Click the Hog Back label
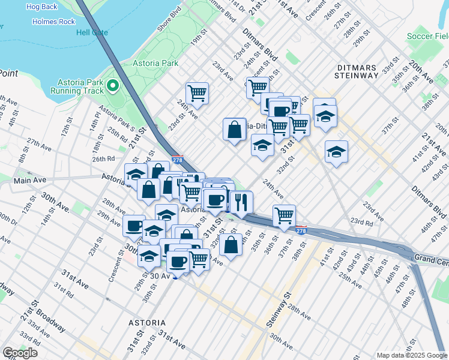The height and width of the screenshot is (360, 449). tap(41, 7)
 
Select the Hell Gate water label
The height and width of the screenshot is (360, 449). tap(91, 32)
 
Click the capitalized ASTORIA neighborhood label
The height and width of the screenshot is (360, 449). tap(147, 323)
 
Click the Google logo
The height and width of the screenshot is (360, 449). tap(20, 353)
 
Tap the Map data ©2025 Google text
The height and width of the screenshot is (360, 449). tap(411, 355)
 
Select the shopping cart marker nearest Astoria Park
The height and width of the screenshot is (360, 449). tap(197, 93)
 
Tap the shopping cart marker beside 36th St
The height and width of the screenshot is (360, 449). tap(284, 215)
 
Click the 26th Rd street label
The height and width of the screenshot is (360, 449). tap(103, 159)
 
